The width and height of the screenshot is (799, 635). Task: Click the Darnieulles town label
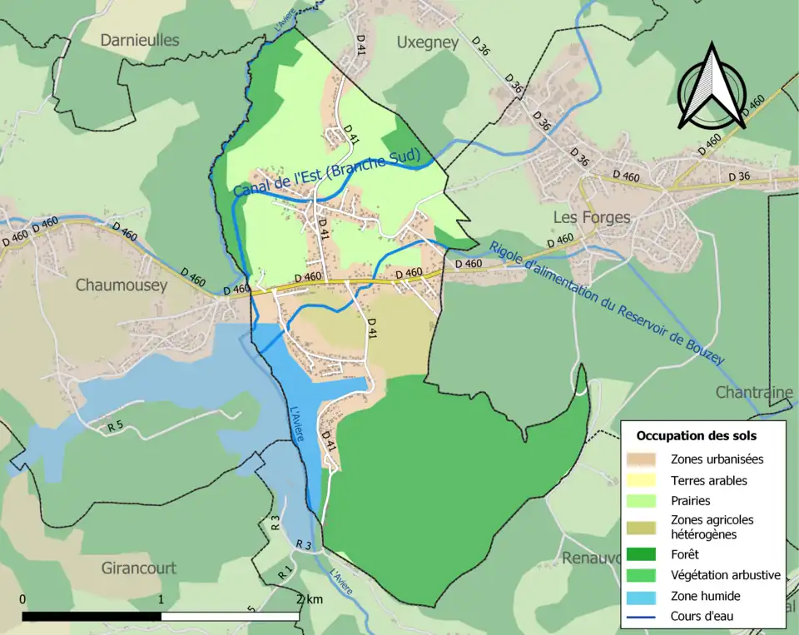[x=139, y=40]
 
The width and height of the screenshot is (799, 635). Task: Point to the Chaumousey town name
[x=121, y=285]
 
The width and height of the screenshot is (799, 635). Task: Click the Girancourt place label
[x=138, y=568]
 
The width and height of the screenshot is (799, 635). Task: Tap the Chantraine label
[x=752, y=391]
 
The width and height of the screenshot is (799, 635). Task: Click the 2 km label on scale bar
[x=310, y=599]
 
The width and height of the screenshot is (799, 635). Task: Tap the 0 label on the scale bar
[x=22, y=599]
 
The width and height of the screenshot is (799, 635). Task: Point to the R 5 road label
[x=115, y=427]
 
